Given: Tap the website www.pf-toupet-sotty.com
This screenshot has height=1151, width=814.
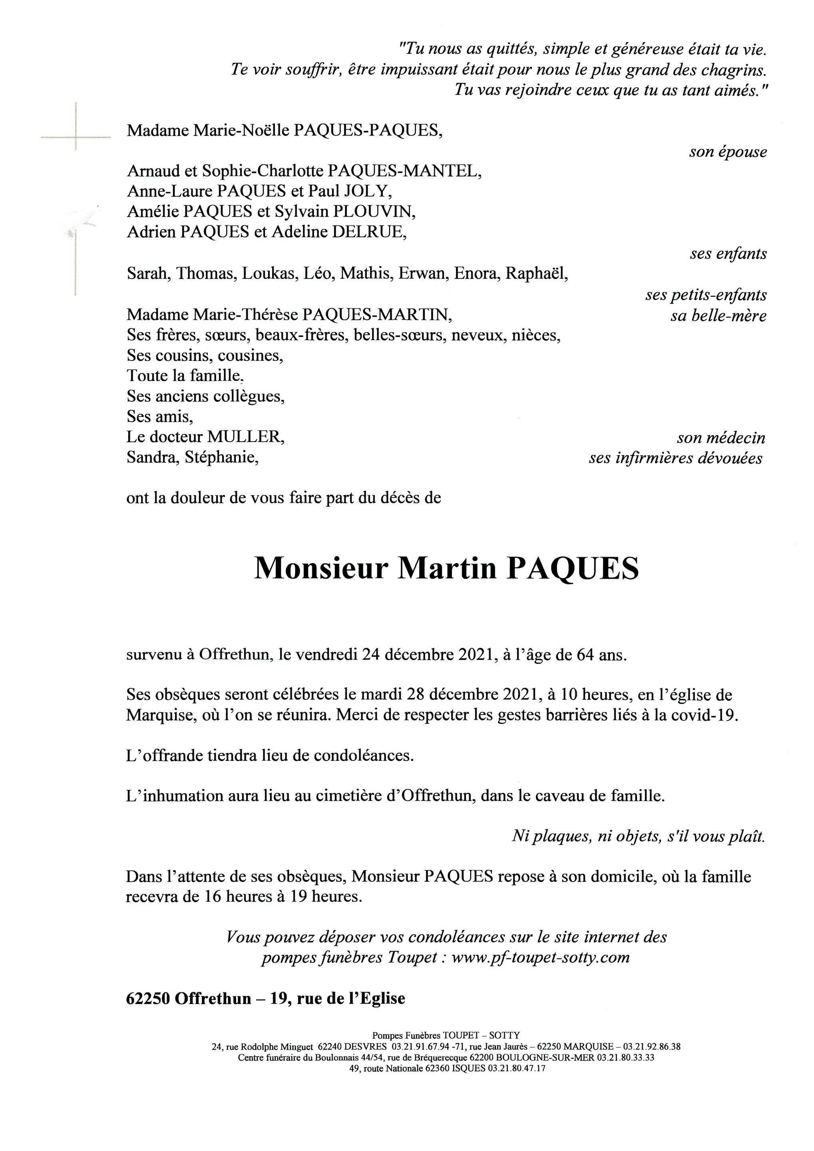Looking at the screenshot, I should (x=540, y=958).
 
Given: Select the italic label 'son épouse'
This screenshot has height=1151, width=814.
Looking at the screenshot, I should (x=728, y=152).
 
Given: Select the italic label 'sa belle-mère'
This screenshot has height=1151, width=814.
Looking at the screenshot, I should (x=718, y=316).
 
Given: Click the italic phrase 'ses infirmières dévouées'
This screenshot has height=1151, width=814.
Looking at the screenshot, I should (x=676, y=458).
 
